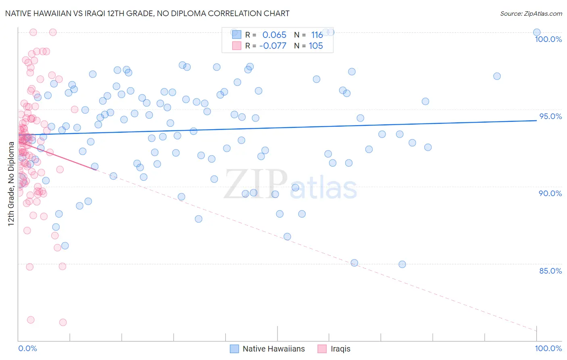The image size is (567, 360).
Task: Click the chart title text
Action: [147, 13]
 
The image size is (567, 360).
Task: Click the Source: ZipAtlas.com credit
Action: [531, 14]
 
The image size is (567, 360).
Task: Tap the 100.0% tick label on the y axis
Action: [548, 39]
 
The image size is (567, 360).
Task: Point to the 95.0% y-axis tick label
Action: [550, 116]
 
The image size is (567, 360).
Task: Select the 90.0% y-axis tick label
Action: [550, 193]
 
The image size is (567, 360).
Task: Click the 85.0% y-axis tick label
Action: [550, 271]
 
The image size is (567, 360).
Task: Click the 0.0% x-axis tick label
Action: [27, 348]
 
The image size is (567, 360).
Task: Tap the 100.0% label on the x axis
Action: [548, 348]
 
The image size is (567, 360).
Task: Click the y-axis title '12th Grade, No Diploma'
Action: [11, 184]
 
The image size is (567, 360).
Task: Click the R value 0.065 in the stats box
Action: [274, 35]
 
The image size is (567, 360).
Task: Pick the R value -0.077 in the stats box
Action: [273, 46]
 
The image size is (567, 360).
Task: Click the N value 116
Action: [317, 35]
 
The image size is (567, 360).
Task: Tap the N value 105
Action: [316, 46]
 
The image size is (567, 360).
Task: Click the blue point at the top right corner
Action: [536, 32]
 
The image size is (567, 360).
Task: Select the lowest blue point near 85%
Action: [402, 264]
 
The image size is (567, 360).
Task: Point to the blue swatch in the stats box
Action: [236, 35]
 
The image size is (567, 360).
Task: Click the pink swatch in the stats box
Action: [236, 46]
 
